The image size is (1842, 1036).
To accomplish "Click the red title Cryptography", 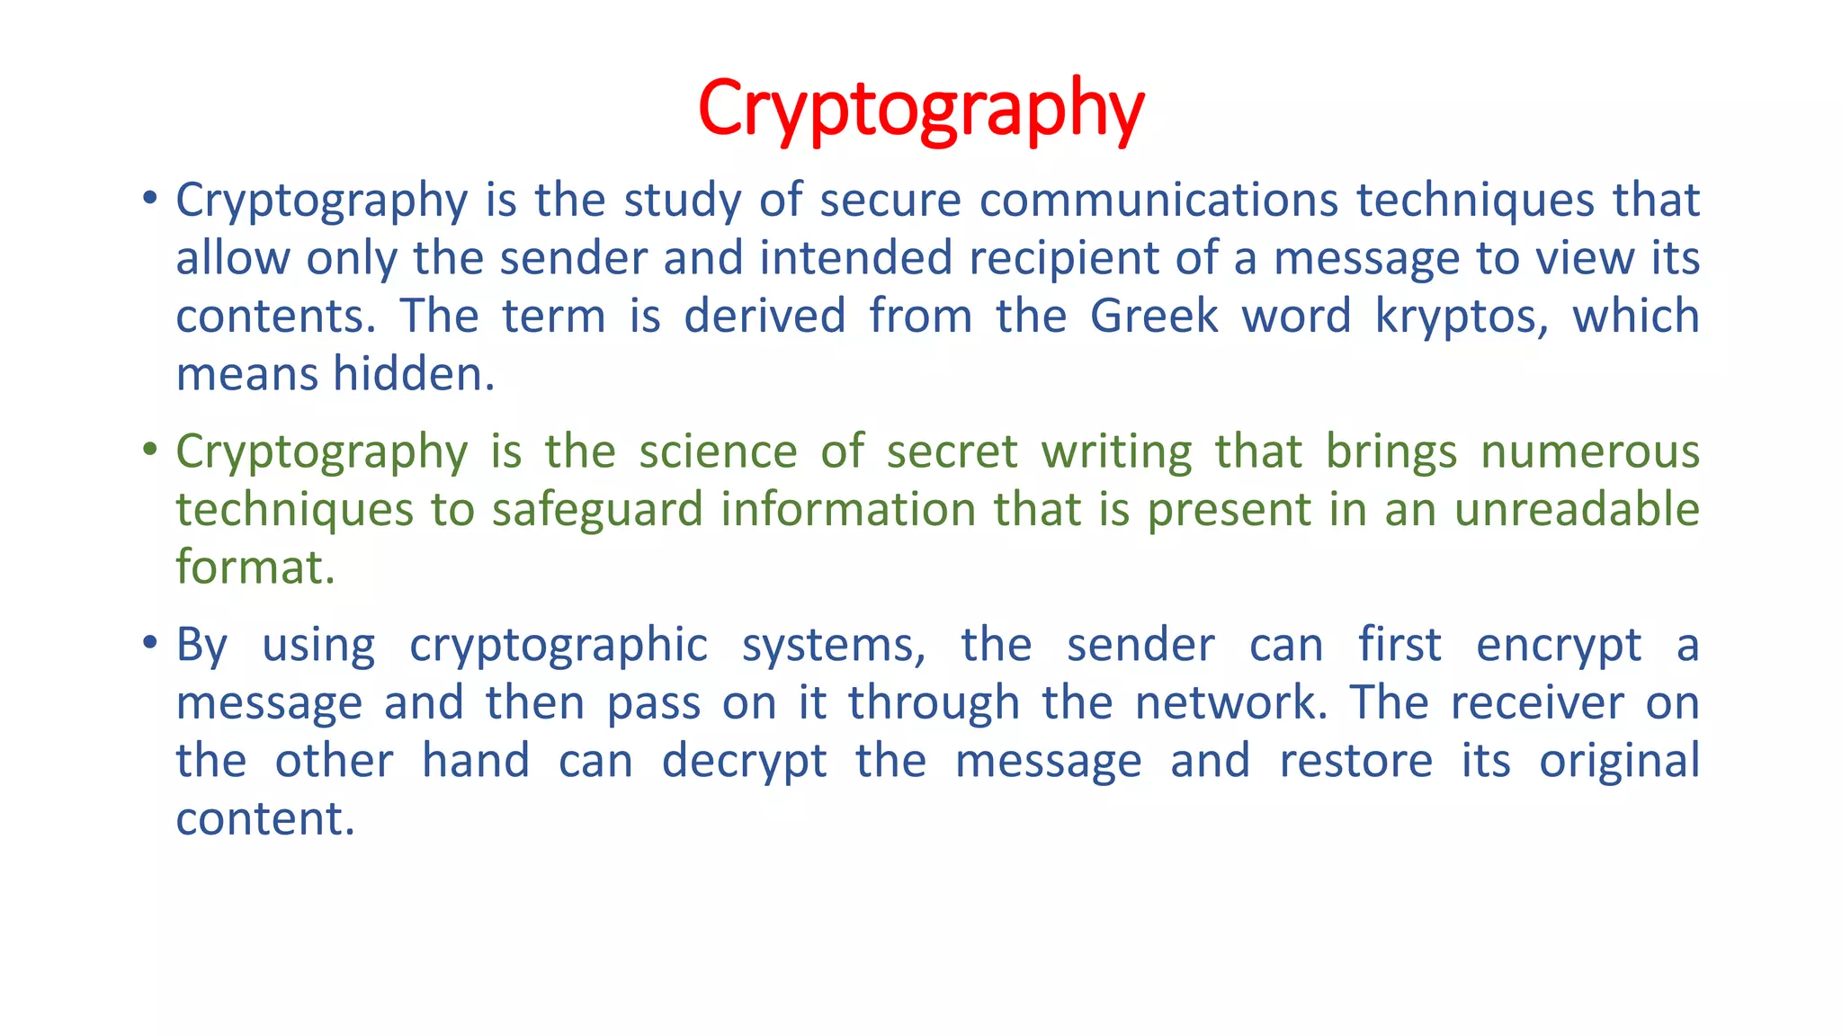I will pyautogui.click(x=920, y=110).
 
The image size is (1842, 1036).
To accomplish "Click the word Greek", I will pyautogui.click(x=1154, y=317).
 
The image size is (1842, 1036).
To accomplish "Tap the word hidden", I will pyautogui.click(x=414, y=374).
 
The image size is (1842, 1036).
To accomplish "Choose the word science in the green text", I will pyautogui.click(x=718, y=451).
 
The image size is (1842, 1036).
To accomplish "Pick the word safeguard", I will pyautogui.click(x=597, y=511).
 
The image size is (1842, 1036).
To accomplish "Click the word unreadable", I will pyautogui.click(x=1577, y=510).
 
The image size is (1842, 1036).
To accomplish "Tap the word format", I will pyautogui.click(x=255, y=567).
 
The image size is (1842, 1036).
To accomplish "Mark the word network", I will pyautogui.click(x=1231, y=703).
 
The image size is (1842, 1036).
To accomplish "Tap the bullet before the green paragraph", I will pyautogui.click(x=150, y=449).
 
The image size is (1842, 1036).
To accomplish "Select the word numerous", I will pyautogui.click(x=1589, y=451).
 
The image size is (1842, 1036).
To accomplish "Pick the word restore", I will pyautogui.click(x=1355, y=762).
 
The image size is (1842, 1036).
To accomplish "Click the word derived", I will pyautogui.click(x=765, y=317).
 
